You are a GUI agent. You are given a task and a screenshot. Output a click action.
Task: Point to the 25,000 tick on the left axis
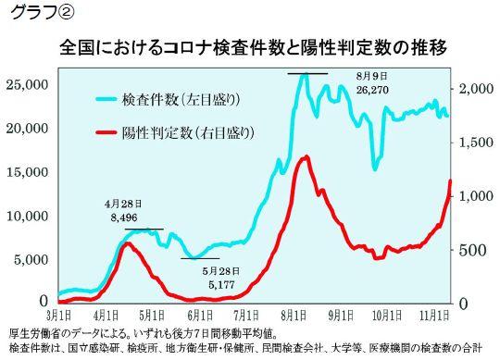[28, 85]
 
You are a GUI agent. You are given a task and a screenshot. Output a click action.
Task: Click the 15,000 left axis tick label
[28, 172]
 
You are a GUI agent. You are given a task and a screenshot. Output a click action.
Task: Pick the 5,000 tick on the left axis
[31, 260]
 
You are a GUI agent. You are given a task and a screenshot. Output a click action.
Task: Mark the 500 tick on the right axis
[473, 250]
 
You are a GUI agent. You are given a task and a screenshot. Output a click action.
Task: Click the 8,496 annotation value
[123, 217]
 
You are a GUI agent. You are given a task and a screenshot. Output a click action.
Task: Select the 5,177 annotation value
[221, 285]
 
